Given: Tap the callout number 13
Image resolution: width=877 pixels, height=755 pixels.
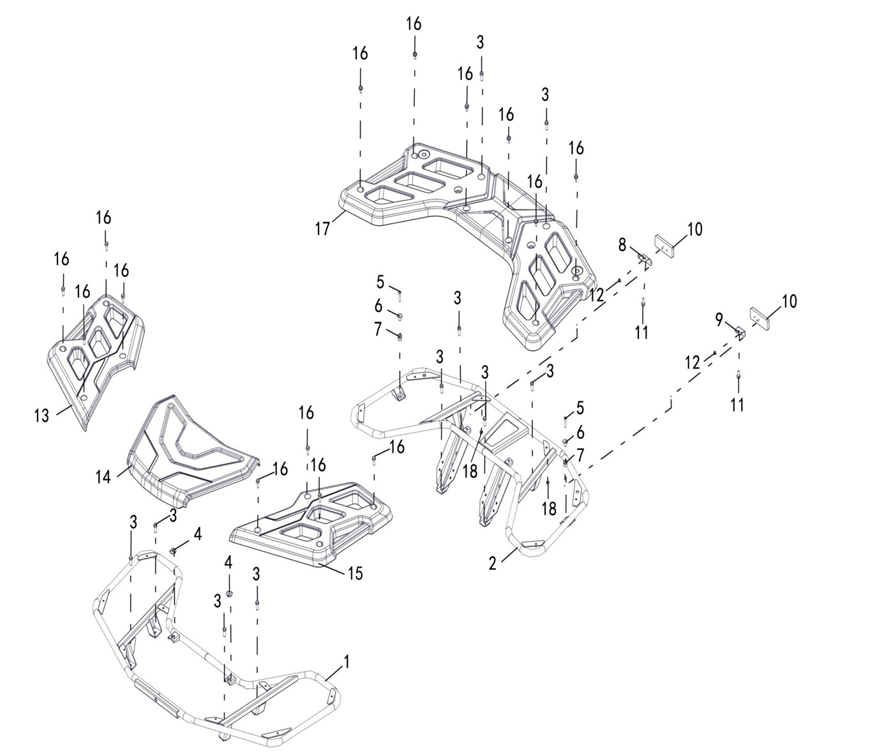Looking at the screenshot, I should (41, 416).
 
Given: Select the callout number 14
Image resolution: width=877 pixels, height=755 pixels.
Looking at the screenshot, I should (103, 476).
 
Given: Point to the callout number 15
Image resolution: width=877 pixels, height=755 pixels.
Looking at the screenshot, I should (355, 572).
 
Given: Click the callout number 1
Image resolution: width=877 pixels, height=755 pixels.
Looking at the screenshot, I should (347, 662).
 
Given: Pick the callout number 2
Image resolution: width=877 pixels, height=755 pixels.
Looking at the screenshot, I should (492, 563).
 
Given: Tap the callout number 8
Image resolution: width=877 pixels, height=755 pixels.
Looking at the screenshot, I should (622, 244).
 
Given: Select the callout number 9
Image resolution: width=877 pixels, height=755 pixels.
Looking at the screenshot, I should (719, 318).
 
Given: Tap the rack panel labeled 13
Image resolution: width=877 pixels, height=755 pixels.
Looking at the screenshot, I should (96, 357).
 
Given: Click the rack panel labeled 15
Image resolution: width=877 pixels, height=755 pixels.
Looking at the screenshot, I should (313, 523).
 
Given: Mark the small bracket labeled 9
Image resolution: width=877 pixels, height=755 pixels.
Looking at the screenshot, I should (740, 333).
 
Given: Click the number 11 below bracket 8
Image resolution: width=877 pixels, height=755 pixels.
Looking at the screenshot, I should (641, 332).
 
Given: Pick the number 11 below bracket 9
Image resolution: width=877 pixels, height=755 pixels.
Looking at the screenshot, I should (737, 404).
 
